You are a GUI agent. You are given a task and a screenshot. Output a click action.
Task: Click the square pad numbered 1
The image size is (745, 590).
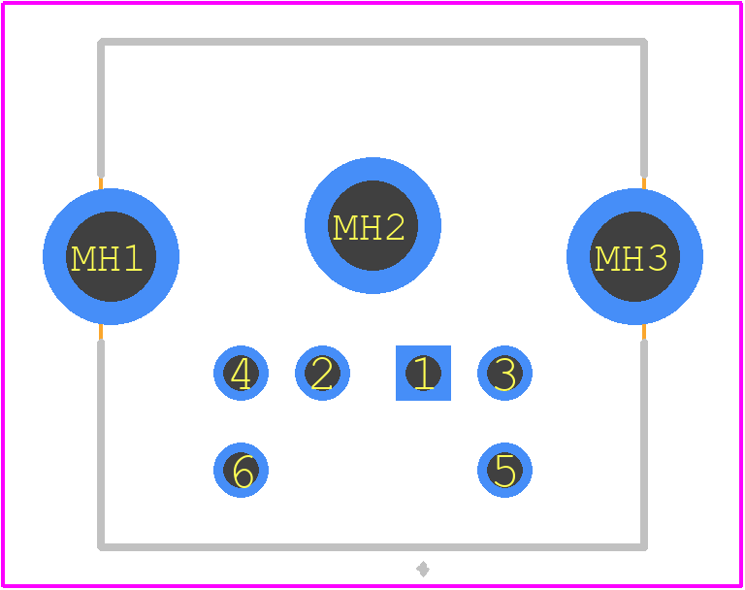[x=423, y=374]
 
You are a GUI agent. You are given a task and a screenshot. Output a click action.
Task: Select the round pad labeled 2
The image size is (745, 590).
[x=323, y=374]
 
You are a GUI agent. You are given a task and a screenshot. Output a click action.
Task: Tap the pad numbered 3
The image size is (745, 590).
[x=504, y=374]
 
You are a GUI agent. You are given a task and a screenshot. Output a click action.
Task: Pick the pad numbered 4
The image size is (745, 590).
[x=241, y=374]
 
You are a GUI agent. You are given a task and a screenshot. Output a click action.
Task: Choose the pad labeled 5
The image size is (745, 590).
[x=504, y=471]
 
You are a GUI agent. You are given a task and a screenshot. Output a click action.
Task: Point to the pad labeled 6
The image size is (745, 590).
[x=241, y=471]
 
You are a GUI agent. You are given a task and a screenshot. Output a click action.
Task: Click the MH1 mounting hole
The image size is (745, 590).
[x=112, y=257]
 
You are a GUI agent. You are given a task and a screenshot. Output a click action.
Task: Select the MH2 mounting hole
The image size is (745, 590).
[x=372, y=225]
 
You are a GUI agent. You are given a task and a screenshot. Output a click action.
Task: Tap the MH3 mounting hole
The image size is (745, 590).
[x=634, y=257]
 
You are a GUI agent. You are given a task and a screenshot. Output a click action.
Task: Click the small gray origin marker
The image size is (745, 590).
[x=423, y=569]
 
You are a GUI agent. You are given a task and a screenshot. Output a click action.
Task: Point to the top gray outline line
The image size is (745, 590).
[x=372, y=42]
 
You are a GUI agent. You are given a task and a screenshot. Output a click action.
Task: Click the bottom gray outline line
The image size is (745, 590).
[x=372, y=547]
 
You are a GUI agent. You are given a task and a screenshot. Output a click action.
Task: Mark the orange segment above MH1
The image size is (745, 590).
[x=101, y=183]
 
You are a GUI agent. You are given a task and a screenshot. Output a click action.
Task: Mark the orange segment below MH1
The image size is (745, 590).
[x=101, y=332]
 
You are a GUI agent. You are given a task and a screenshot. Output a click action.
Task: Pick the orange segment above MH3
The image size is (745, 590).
[x=644, y=183]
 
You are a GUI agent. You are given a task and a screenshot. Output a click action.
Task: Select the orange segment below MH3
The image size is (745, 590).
[x=644, y=332]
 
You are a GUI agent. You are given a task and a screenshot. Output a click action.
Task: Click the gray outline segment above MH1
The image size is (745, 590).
[x=101, y=108]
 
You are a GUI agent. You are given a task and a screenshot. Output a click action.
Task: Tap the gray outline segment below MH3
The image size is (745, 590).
[x=644, y=445]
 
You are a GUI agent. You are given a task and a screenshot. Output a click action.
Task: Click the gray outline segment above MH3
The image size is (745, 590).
[x=644, y=108]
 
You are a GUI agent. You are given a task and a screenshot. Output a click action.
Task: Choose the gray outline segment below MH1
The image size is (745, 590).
[x=101, y=445]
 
